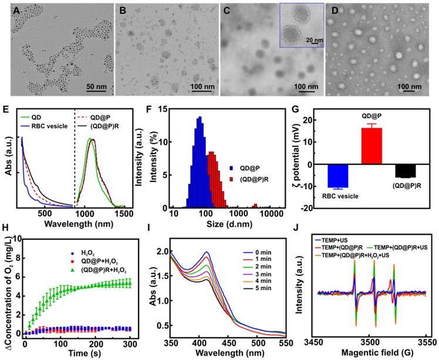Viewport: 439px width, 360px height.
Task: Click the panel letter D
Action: (x=332, y=11)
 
